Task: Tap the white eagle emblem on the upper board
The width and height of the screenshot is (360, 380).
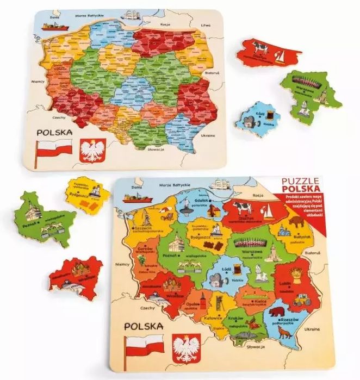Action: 92,151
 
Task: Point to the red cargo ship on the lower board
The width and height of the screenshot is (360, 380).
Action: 134,198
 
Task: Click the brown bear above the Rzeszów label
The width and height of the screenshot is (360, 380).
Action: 277,312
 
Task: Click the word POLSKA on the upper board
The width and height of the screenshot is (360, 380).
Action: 54,132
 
